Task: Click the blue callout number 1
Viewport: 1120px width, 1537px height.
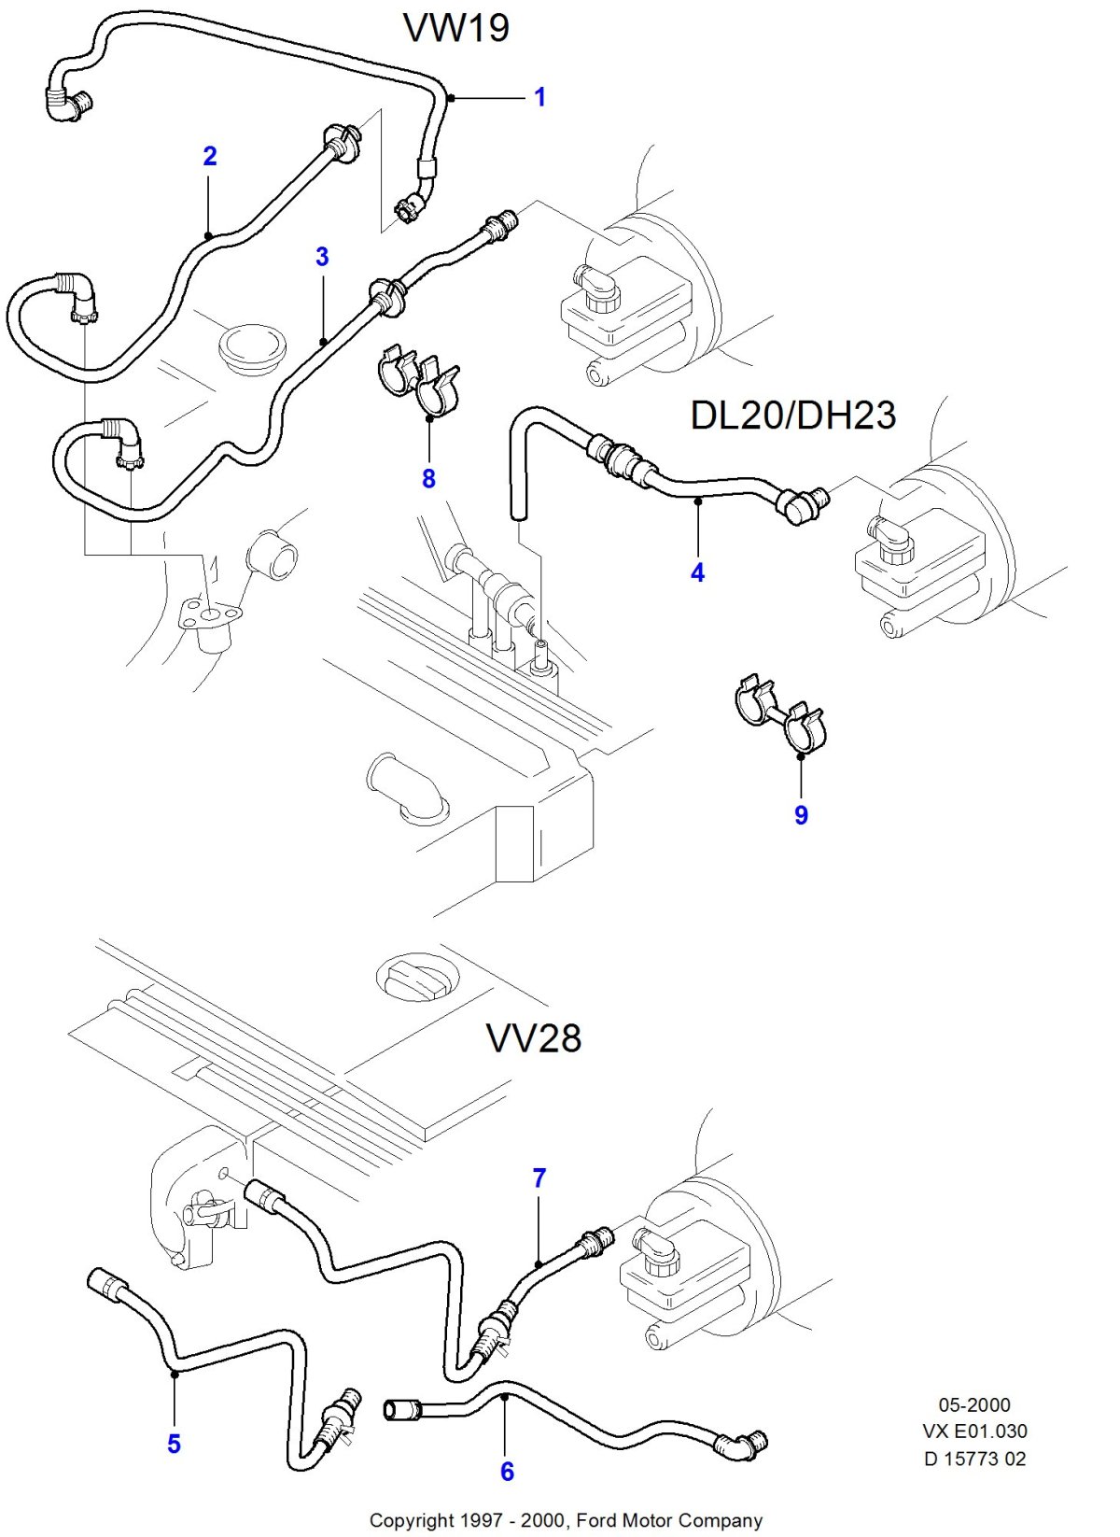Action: pos(539,97)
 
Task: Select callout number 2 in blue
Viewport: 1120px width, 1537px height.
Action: pos(210,156)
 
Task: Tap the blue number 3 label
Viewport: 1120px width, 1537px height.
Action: pos(322,257)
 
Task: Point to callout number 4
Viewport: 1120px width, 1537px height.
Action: pos(697,572)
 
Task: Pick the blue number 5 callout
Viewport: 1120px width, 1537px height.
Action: pos(175,1444)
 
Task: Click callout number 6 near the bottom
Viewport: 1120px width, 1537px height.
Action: pos(507,1471)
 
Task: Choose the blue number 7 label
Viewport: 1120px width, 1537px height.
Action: pos(539,1178)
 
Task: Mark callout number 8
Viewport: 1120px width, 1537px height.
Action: pos(428,478)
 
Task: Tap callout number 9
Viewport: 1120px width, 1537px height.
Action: pos(801,814)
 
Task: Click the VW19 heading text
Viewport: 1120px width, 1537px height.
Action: pos(456,28)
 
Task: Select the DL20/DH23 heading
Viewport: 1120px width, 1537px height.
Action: pos(792,416)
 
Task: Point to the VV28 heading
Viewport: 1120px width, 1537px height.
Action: pos(533,1037)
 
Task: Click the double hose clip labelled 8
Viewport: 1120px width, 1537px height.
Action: pos(419,381)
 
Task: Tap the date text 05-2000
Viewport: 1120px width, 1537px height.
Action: pos(974,1404)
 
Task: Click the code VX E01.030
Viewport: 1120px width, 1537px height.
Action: pos(974,1431)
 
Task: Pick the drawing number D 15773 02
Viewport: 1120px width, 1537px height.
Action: pos(974,1458)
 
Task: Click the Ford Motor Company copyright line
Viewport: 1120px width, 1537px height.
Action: pos(566,1520)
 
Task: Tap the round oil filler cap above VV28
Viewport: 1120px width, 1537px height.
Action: pos(417,977)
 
